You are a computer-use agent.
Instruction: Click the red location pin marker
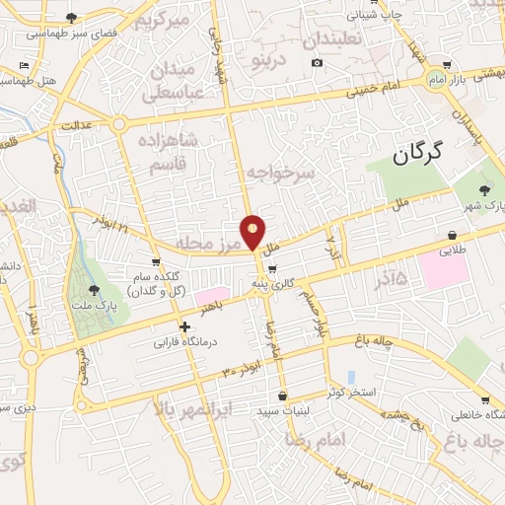pyautogui.click(x=253, y=232)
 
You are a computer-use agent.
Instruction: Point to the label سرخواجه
pyautogui.click(x=280, y=174)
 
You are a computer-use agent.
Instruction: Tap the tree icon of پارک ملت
pyautogui.click(x=94, y=289)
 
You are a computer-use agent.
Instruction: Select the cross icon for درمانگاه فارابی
pyautogui.click(x=184, y=326)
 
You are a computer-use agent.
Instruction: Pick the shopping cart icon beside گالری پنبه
pyautogui.click(x=272, y=268)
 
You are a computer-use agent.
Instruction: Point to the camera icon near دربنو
pyautogui.click(x=317, y=62)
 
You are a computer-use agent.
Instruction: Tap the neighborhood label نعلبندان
pyautogui.click(x=335, y=41)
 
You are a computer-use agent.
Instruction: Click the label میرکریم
pyautogui.click(x=161, y=21)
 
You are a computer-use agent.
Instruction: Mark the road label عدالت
pyautogui.click(x=76, y=126)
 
